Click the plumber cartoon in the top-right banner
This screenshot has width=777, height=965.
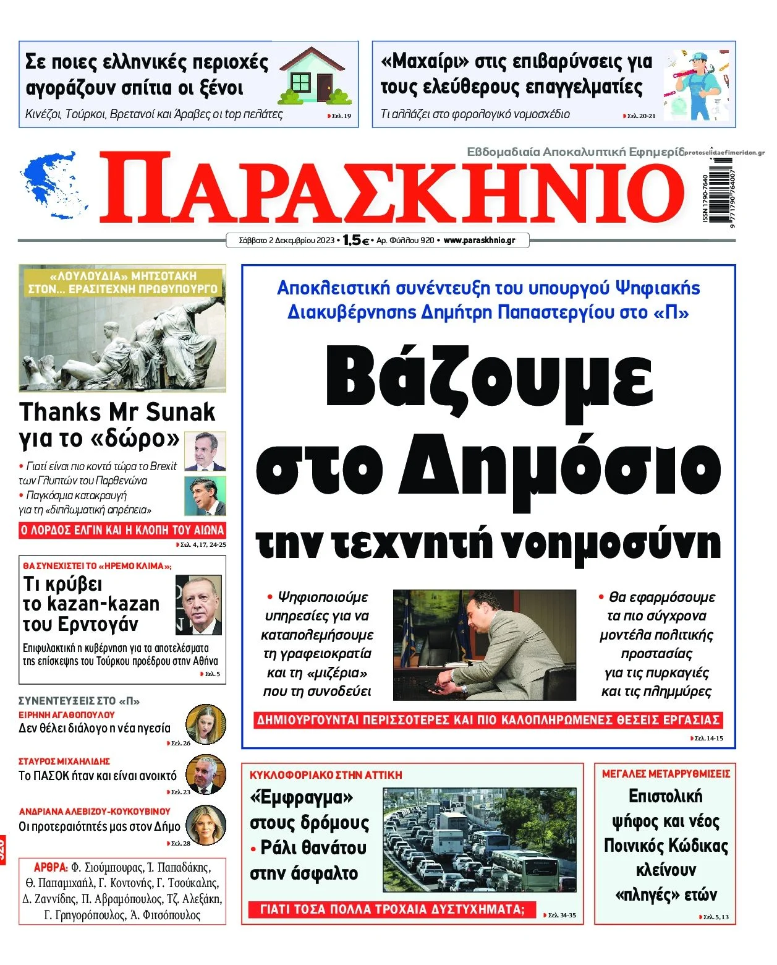click(698, 85)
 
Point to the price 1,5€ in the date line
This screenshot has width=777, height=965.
click(356, 241)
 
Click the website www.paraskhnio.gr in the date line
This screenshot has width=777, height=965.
click(479, 240)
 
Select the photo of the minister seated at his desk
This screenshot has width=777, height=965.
click(484, 645)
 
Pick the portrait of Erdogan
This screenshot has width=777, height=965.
click(198, 604)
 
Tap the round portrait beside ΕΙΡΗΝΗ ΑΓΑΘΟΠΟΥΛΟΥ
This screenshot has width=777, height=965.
click(205, 723)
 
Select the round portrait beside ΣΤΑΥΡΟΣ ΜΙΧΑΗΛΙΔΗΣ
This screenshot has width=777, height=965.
click(206, 773)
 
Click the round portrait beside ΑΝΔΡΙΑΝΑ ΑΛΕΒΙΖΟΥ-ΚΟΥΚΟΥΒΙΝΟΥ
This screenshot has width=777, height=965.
click(205, 824)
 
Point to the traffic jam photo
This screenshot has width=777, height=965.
click(479, 839)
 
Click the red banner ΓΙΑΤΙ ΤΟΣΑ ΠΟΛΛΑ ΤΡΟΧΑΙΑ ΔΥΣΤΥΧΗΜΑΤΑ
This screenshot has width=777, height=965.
click(392, 909)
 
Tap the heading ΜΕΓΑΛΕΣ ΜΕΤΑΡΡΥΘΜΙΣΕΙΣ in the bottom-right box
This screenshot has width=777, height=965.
click(666, 773)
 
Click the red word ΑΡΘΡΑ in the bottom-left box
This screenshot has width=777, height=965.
click(51, 867)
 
